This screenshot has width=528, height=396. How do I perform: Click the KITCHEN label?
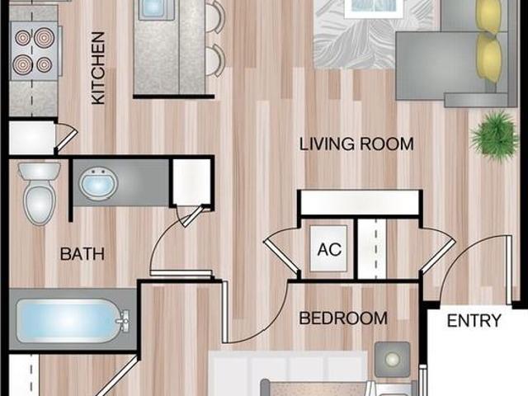[98, 68]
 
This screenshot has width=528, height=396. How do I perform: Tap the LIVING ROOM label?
[356, 144]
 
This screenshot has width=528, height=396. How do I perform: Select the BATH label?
[82, 254]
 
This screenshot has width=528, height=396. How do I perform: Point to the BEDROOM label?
[343, 318]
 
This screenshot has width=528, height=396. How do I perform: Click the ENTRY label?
[474, 321]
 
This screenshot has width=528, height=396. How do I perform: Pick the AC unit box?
[328, 248]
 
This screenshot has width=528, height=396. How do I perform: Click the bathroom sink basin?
[98, 183]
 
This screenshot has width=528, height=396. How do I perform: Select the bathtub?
[73, 320]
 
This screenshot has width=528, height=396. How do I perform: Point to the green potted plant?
[494, 137]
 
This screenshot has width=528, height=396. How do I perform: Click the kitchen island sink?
[154, 9]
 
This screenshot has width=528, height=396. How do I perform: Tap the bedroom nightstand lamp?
[393, 360]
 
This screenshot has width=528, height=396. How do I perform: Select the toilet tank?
[39, 171]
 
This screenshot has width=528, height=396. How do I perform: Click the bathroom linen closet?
[191, 181]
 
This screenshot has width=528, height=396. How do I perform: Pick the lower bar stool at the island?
[214, 60]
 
